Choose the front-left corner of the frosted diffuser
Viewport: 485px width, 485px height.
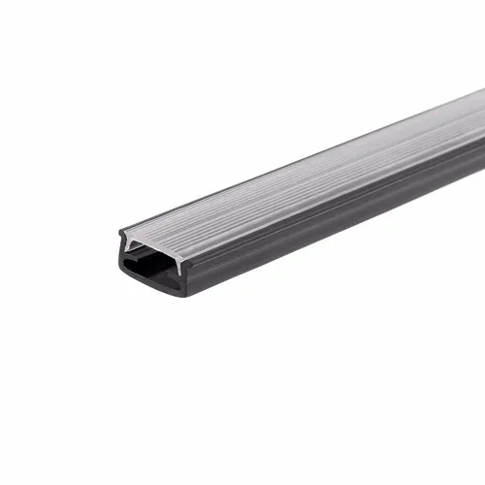click(124, 232)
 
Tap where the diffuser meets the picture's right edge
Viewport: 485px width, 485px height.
click(482, 121)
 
